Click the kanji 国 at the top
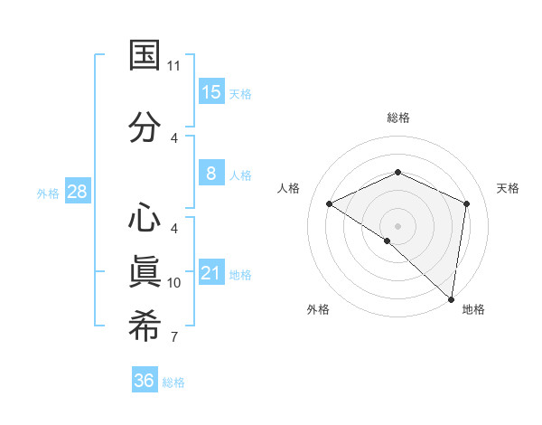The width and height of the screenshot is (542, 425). click(x=145, y=56)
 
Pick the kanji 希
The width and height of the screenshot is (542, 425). click(x=145, y=326)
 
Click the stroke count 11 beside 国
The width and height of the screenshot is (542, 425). click(x=174, y=66)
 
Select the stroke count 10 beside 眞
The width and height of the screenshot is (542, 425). click(x=174, y=283)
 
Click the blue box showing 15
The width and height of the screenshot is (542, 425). click(x=211, y=91)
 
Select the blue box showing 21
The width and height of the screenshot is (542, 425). click(x=211, y=272)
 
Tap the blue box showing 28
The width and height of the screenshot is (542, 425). click(x=77, y=192)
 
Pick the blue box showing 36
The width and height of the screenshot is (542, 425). click(x=145, y=381)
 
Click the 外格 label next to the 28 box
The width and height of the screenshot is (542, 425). click(x=47, y=193)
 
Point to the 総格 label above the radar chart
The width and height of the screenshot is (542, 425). click(x=397, y=118)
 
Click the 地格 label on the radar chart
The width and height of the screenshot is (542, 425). click(x=473, y=309)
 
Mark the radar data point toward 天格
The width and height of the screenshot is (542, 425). click(x=466, y=203)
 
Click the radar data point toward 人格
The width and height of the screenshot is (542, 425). click(x=330, y=203)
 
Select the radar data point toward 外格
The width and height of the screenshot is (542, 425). click(x=388, y=241)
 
